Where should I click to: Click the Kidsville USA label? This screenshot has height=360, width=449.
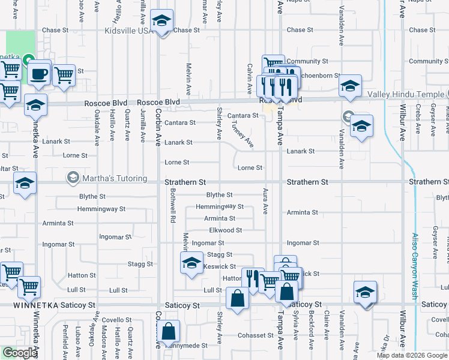129,31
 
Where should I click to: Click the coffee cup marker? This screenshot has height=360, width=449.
40,74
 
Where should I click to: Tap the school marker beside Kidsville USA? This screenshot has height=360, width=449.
161,22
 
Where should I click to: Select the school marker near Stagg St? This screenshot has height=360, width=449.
191,263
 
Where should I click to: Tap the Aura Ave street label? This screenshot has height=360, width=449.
265,201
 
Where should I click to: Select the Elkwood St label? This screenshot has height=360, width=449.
225,230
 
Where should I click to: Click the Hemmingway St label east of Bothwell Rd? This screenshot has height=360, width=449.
220,206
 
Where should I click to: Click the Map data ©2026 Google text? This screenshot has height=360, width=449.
411,355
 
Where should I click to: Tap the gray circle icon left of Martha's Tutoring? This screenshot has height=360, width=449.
73,178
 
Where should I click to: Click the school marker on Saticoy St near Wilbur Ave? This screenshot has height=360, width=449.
364,293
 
